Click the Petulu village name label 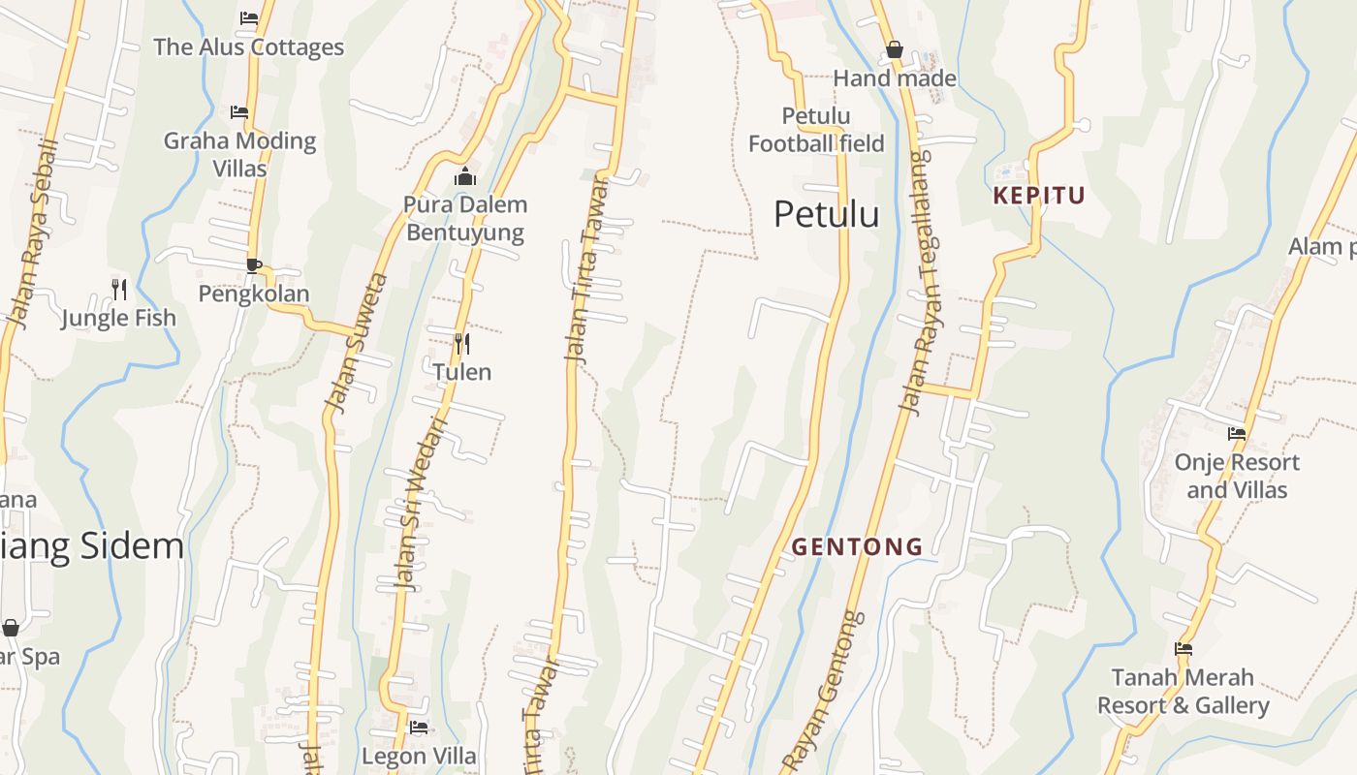pos(826,214)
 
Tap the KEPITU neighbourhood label pos(1039,196)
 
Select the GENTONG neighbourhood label pos(858,547)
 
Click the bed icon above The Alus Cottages pos(249,17)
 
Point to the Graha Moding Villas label pos(239,154)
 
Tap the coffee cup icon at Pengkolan pos(254,265)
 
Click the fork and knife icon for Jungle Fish pos(119,289)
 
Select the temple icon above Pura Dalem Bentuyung pos(465,176)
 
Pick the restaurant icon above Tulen pos(462,343)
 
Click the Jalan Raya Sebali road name pos(32,232)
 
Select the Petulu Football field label pos(816,130)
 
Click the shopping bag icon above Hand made pos(894,49)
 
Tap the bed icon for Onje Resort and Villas pos(1236,434)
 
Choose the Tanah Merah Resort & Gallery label pos(1183,691)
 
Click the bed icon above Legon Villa pos(419,727)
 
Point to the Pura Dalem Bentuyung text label pos(465,218)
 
